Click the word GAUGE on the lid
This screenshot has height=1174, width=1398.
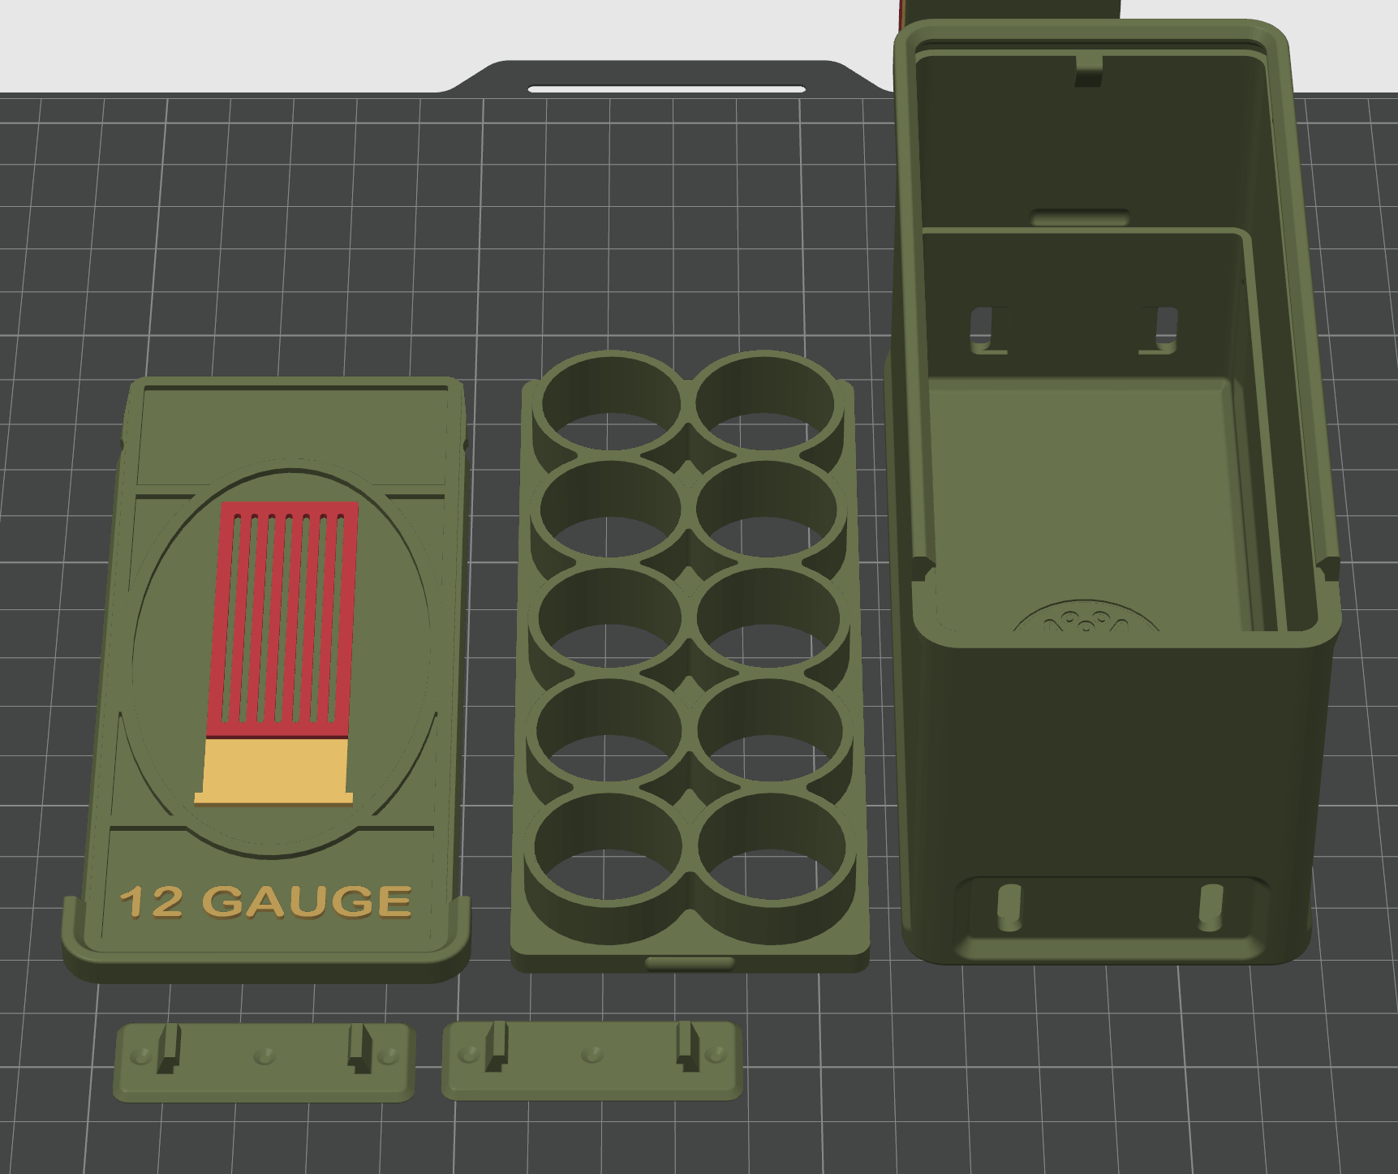coord(306,901)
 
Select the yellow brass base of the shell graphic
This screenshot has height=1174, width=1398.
coord(274,770)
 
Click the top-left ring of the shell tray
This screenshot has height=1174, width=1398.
coord(610,401)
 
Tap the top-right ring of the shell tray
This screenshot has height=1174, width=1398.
coord(764,401)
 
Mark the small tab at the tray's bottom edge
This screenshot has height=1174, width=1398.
coord(690,963)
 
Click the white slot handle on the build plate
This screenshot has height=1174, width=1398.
coord(666,88)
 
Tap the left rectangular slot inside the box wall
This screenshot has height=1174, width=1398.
coord(984,328)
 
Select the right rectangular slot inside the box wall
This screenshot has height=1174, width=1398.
coord(1164,328)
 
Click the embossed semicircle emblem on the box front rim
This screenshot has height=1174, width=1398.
coord(1086,621)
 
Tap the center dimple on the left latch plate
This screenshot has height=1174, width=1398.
coord(264,1056)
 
